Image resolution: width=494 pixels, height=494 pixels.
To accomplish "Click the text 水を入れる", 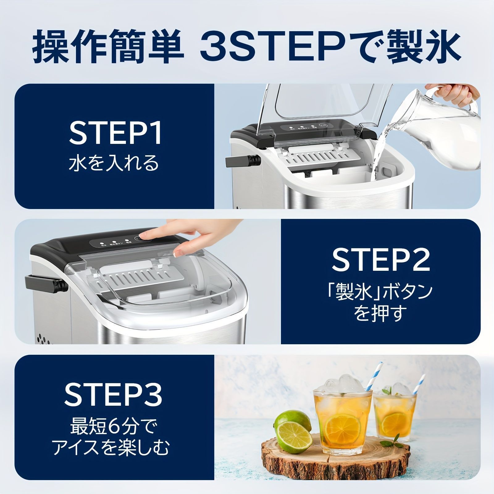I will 114,163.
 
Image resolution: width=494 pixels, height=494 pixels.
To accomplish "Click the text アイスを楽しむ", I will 111,448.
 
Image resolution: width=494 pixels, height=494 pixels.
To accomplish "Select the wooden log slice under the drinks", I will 335,457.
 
